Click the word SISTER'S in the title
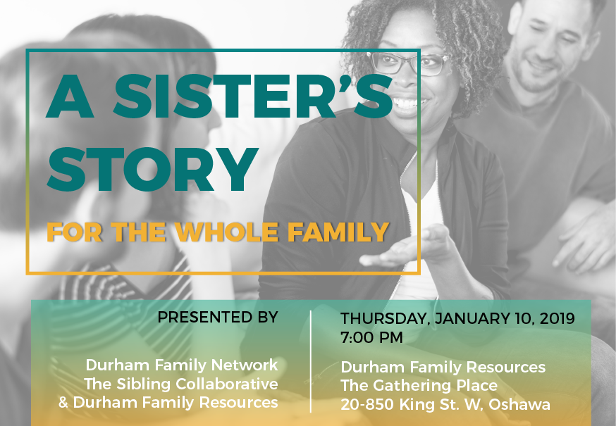252,96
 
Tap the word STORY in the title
152,169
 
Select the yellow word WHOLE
227,232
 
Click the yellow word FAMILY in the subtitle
338,232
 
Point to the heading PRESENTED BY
218,318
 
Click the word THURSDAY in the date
384,318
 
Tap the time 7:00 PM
371,338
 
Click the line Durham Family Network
182,365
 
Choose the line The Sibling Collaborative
181,384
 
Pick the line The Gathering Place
419,386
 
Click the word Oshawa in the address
519,404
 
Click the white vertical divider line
311,361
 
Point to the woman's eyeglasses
409,63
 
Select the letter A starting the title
70,96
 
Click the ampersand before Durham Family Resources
63,403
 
